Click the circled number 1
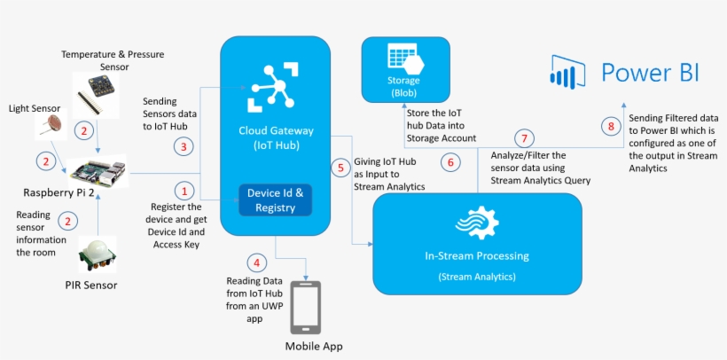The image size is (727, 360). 184,190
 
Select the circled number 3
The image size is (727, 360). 184,145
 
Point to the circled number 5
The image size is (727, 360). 340,166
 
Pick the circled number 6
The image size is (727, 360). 451,162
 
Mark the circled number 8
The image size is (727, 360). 611,127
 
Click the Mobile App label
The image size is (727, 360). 313,346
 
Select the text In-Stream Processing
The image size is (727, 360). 476,256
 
